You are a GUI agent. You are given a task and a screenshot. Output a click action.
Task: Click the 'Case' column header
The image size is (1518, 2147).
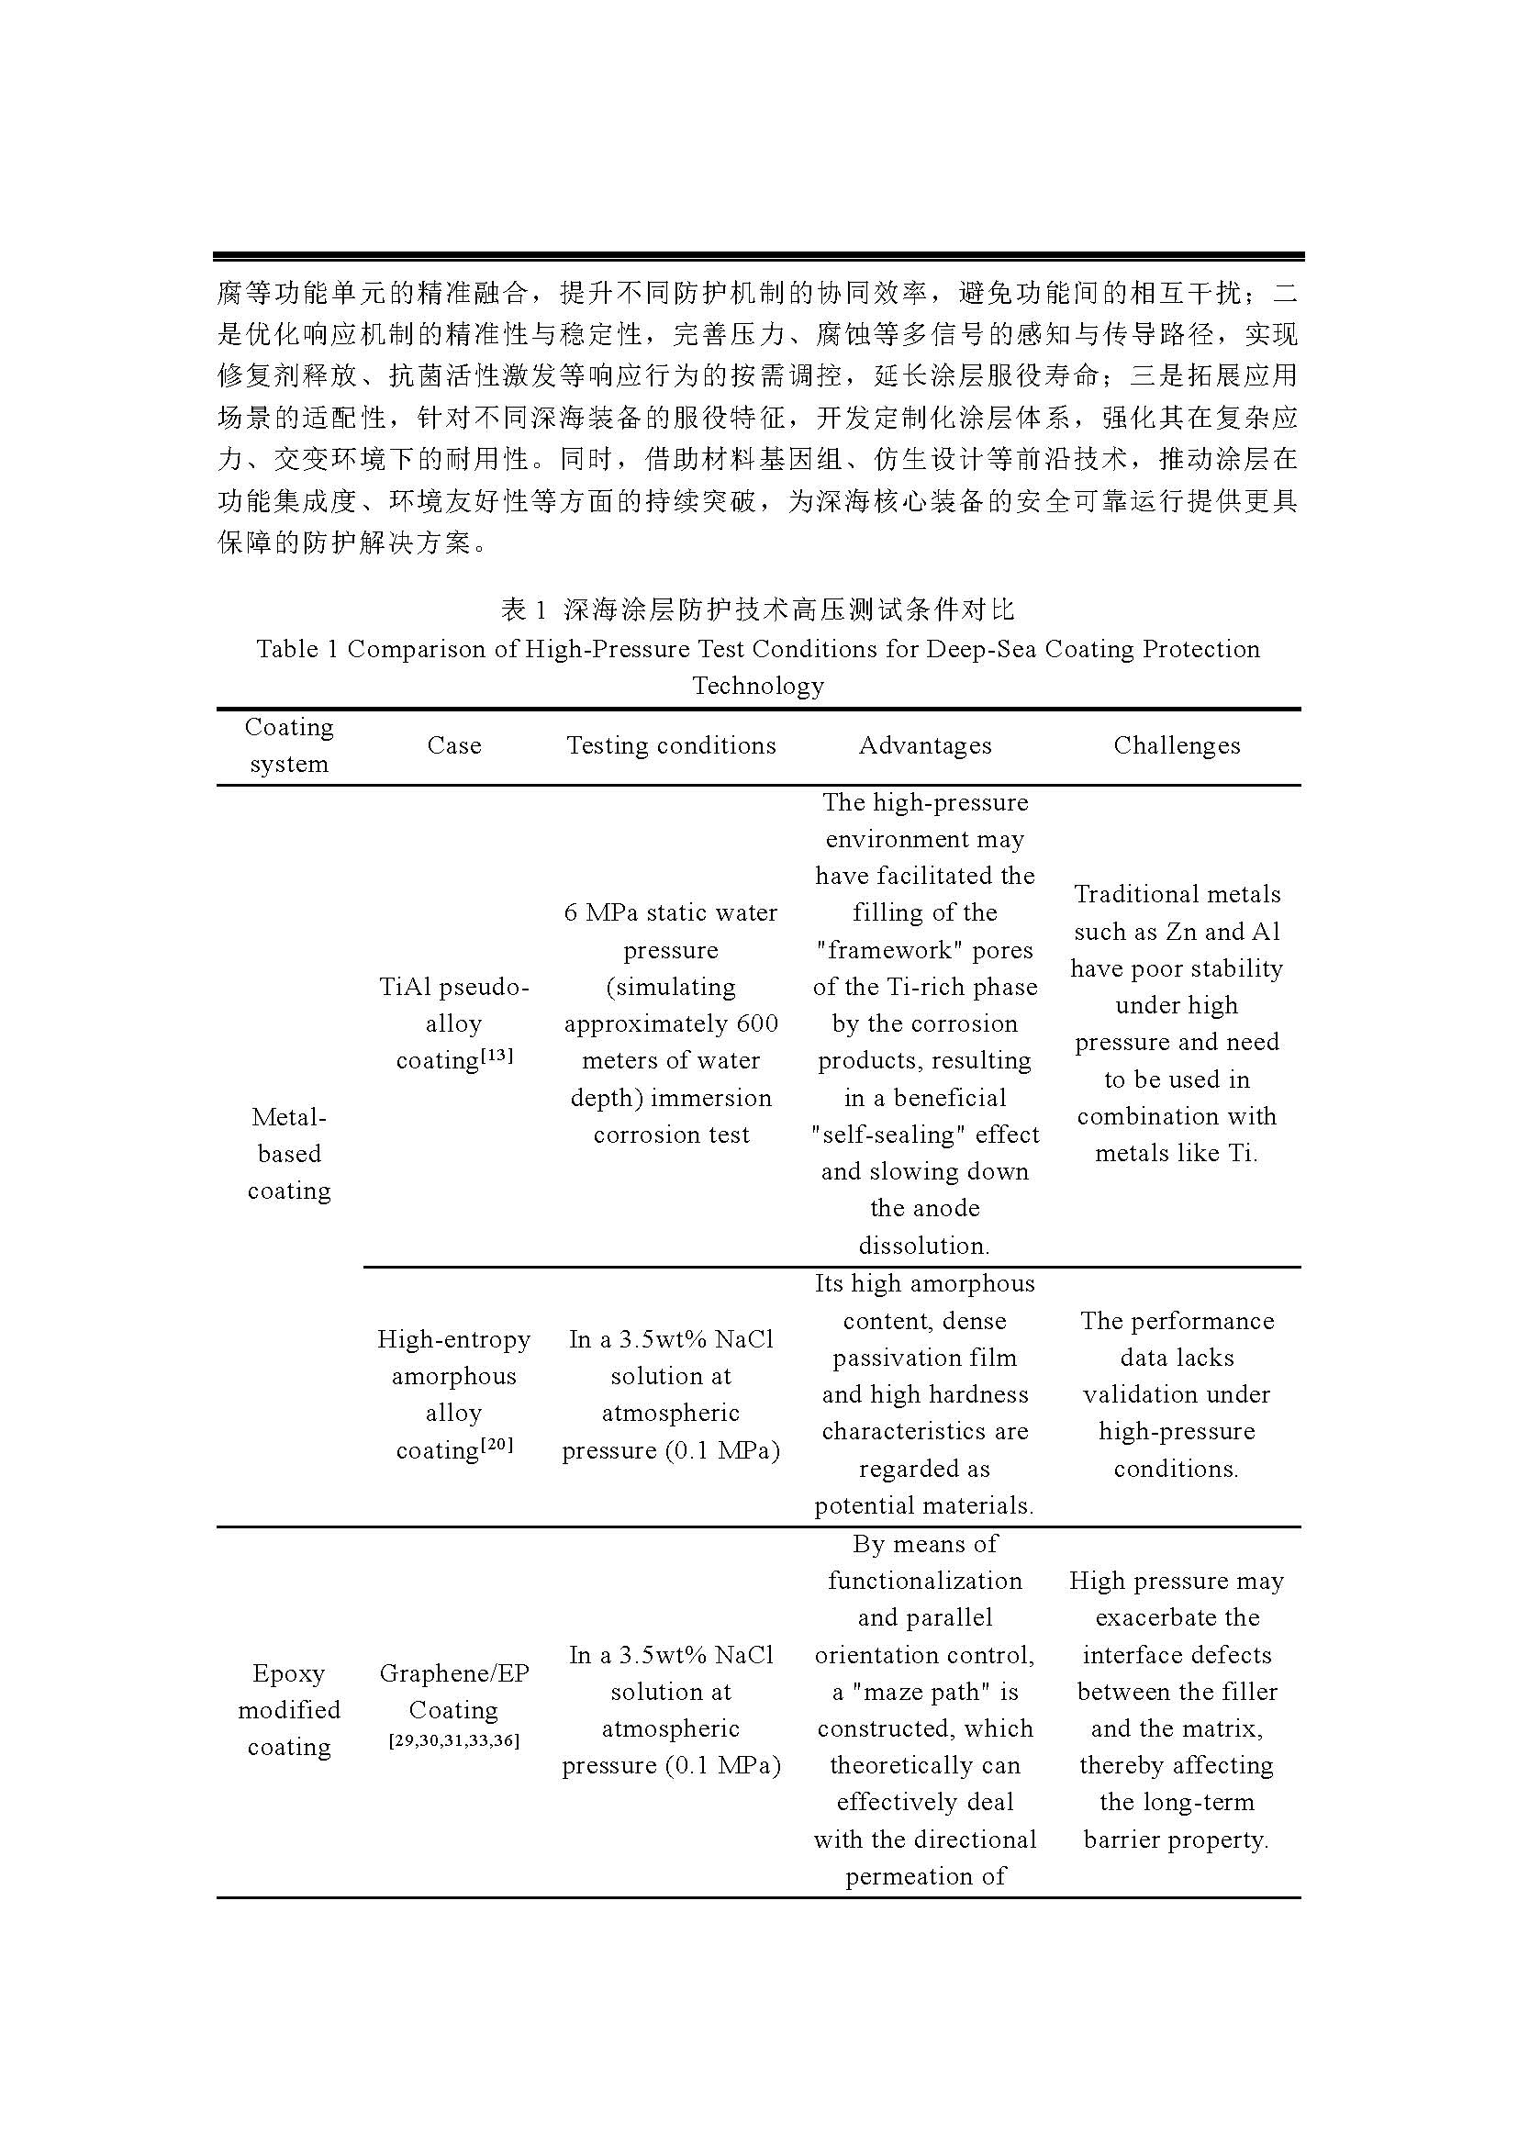coord(453,745)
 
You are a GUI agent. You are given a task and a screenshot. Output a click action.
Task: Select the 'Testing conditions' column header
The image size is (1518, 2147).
coord(671,745)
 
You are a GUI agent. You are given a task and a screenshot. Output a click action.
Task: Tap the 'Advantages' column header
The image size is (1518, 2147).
coord(924,745)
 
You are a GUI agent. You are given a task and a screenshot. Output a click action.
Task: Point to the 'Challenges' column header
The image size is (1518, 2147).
coord(1177,745)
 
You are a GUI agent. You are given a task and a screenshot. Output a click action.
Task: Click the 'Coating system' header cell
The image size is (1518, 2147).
coord(289,745)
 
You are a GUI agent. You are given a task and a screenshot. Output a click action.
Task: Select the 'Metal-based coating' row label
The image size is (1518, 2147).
coord(289,1153)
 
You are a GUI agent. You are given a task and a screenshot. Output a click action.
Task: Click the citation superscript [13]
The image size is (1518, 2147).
coord(497,1055)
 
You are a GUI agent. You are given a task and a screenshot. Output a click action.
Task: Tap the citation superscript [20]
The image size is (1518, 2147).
coord(497,1444)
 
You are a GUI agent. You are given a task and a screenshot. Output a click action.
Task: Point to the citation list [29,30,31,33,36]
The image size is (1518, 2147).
coord(453,1740)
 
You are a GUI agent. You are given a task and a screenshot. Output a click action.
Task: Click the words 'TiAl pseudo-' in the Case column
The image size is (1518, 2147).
coord(453,987)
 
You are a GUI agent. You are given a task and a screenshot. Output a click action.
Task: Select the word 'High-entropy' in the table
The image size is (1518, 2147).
coord(453,1339)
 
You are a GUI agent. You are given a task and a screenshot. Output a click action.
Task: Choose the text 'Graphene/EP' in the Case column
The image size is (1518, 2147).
coord(453,1673)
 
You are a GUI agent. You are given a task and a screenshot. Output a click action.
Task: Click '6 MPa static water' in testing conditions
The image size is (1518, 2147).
coord(671,912)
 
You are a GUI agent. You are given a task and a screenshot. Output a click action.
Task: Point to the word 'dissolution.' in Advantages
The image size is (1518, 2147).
coord(924,1246)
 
